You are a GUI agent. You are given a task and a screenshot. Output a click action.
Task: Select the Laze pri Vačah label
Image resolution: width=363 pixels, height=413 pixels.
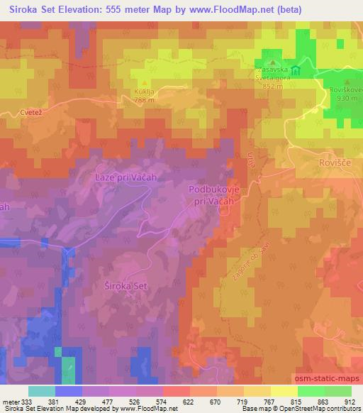tap(125, 177)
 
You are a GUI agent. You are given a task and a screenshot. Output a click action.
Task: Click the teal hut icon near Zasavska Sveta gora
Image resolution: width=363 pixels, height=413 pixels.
tap(296, 72)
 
